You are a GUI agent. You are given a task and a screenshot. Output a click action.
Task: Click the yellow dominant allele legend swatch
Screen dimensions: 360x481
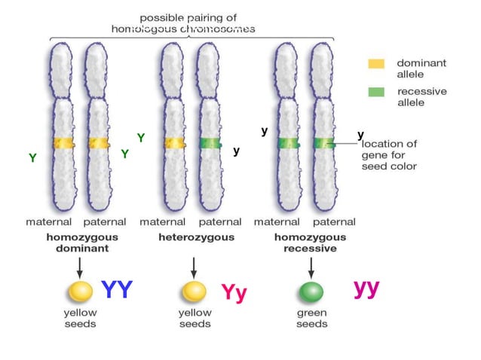tap(376, 65)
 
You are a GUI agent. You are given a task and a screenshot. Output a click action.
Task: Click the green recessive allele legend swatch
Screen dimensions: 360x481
tap(376, 92)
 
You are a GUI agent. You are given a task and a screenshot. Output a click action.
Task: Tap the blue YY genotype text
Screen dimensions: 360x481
tap(117, 289)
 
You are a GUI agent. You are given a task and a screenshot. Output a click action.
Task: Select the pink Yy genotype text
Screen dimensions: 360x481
tap(234, 292)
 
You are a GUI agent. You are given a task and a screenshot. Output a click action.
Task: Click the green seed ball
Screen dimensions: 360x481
tap(310, 291)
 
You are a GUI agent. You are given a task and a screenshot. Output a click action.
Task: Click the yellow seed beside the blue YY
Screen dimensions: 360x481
tap(79, 291)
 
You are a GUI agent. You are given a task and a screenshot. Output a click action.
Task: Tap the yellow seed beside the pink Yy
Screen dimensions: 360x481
tap(194, 291)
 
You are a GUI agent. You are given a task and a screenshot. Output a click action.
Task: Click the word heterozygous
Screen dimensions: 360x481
tap(196, 237)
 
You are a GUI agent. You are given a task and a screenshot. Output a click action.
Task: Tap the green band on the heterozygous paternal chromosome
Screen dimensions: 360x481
tap(210, 143)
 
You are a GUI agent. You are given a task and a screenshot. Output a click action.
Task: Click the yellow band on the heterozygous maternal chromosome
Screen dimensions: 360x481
tap(173, 143)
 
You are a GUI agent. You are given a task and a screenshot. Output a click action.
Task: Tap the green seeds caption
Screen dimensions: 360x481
tap(311, 318)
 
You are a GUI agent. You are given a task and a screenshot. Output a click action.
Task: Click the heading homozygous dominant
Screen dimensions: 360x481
tap(78, 243)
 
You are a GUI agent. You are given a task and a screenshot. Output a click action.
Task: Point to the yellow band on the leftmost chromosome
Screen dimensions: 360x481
tap(63, 143)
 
